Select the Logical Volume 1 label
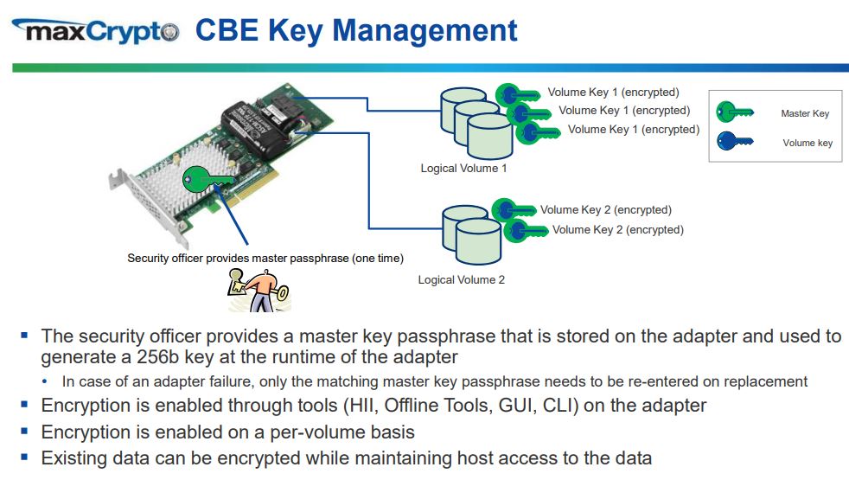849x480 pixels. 463,168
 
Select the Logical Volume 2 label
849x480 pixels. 461,279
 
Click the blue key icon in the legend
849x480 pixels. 735,141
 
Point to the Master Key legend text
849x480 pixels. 804,113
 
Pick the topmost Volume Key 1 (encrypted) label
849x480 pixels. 613,92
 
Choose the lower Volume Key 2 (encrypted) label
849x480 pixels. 617,229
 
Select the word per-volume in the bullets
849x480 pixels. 331,432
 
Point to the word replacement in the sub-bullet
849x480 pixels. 767,381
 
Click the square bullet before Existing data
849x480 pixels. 24,458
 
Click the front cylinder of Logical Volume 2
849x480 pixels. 477,243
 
